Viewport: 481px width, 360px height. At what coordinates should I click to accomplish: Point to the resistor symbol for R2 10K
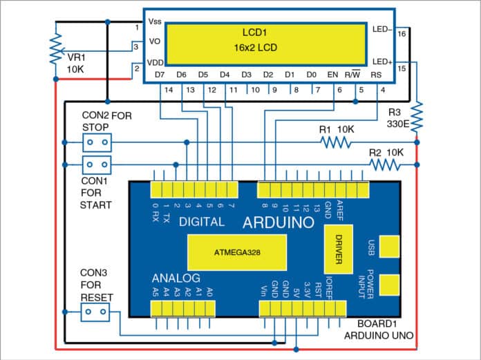[384, 164]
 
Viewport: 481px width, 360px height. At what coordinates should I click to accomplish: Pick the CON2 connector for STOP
[97, 143]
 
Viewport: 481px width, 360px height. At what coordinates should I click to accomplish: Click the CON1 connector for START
[97, 165]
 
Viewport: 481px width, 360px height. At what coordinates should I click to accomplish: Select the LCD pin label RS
[377, 74]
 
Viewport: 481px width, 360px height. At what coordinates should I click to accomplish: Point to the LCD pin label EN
[332, 74]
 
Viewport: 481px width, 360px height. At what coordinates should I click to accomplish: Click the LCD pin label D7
[160, 74]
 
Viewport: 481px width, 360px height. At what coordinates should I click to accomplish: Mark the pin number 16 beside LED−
[402, 33]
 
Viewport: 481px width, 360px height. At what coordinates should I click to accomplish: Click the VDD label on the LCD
[155, 62]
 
